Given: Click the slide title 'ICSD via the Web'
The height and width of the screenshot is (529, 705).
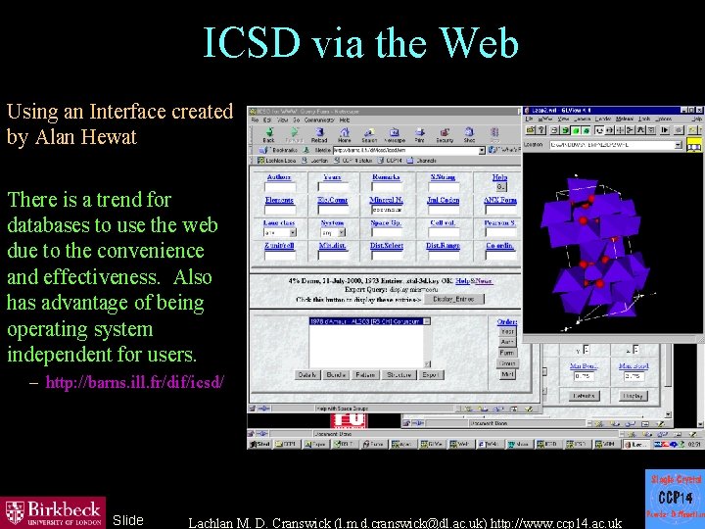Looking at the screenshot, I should (x=360, y=43).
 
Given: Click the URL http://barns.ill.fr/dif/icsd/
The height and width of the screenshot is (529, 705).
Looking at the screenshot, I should (x=134, y=382).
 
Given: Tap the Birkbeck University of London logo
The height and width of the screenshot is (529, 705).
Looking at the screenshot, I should (x=53, y=511).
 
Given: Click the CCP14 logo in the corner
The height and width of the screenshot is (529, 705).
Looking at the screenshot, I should (x=675, y=498).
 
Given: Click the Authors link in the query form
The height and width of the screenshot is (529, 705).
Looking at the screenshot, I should (x=279, y=177).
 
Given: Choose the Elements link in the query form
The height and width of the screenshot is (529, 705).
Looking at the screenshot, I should (x=279, y=200).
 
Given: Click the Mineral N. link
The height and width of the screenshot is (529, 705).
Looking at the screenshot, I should (x=386, y=200).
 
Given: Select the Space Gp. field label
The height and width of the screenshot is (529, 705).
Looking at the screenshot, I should (x=386, y=222).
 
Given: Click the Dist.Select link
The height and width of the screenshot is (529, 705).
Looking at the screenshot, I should (x=386, y=245).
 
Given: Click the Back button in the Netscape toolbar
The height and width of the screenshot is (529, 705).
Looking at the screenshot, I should (x=268, y=136).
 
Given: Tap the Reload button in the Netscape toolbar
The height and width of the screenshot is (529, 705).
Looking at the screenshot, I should (x=319, y=136).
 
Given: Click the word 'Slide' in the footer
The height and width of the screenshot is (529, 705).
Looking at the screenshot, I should (x=127, y=520).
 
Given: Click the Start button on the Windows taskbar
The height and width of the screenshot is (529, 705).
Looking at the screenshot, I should (x=261, y=444).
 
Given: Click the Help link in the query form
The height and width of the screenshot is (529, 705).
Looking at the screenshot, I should (x=499, y=177).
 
